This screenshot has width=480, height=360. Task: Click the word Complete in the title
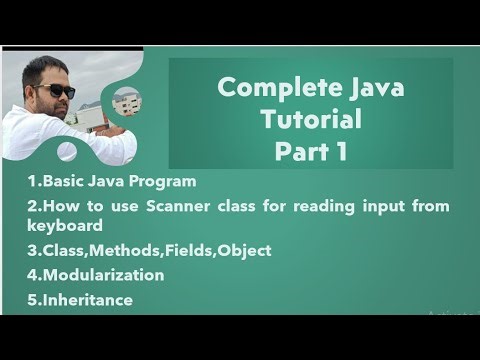tap(267, 90)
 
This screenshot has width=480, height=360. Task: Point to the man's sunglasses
tap(54, 90)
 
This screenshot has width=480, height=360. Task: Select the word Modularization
tap(97, 274)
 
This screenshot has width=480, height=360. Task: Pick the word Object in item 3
tap(244, 250)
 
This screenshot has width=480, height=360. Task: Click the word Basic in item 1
tap(61, 181)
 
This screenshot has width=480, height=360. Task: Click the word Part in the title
tap(304, 152)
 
